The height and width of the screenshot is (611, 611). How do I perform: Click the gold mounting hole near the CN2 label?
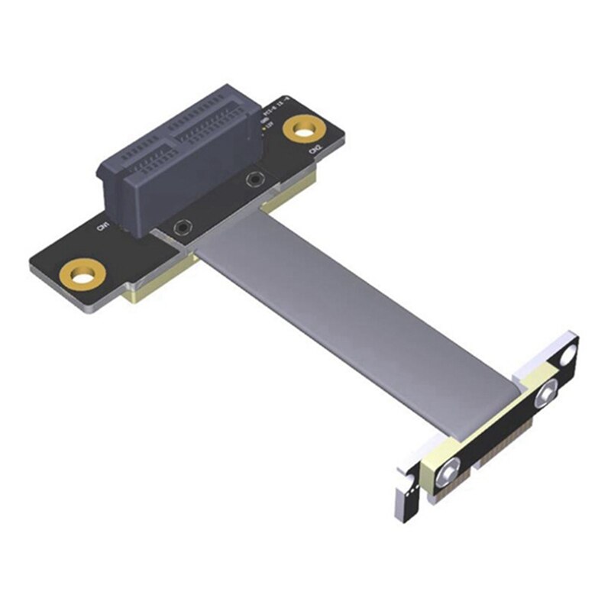click(x=305, y=131)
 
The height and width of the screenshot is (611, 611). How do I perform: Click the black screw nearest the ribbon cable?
click(x=182, y=227)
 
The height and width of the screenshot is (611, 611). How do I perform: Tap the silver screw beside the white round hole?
click(x=548, y=395)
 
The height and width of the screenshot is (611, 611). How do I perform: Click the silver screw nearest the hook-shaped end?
click(x=449, y=474)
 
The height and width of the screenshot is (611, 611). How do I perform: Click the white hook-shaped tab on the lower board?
click(x=403, y=500)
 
